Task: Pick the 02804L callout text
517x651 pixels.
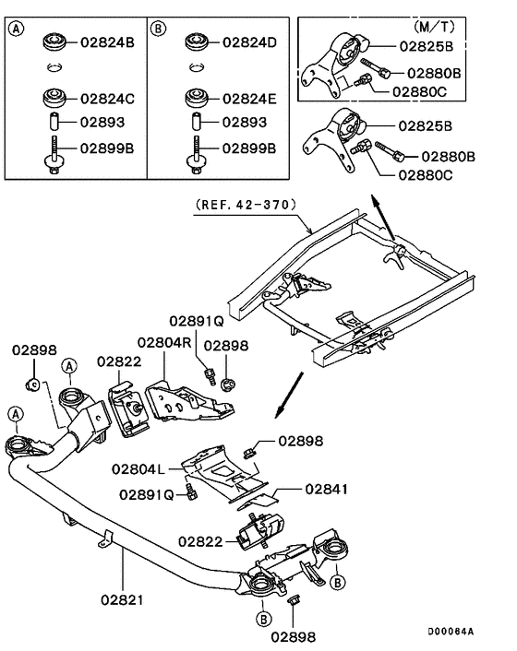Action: click(x=138, y=468)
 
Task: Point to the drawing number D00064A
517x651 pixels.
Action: click(x=451, y=632)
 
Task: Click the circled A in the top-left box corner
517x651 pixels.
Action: click(x=16, y=28)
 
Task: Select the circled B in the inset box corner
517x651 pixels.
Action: click(x=157, y=28)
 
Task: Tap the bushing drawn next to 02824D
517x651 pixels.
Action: click(x=195, y=41)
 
